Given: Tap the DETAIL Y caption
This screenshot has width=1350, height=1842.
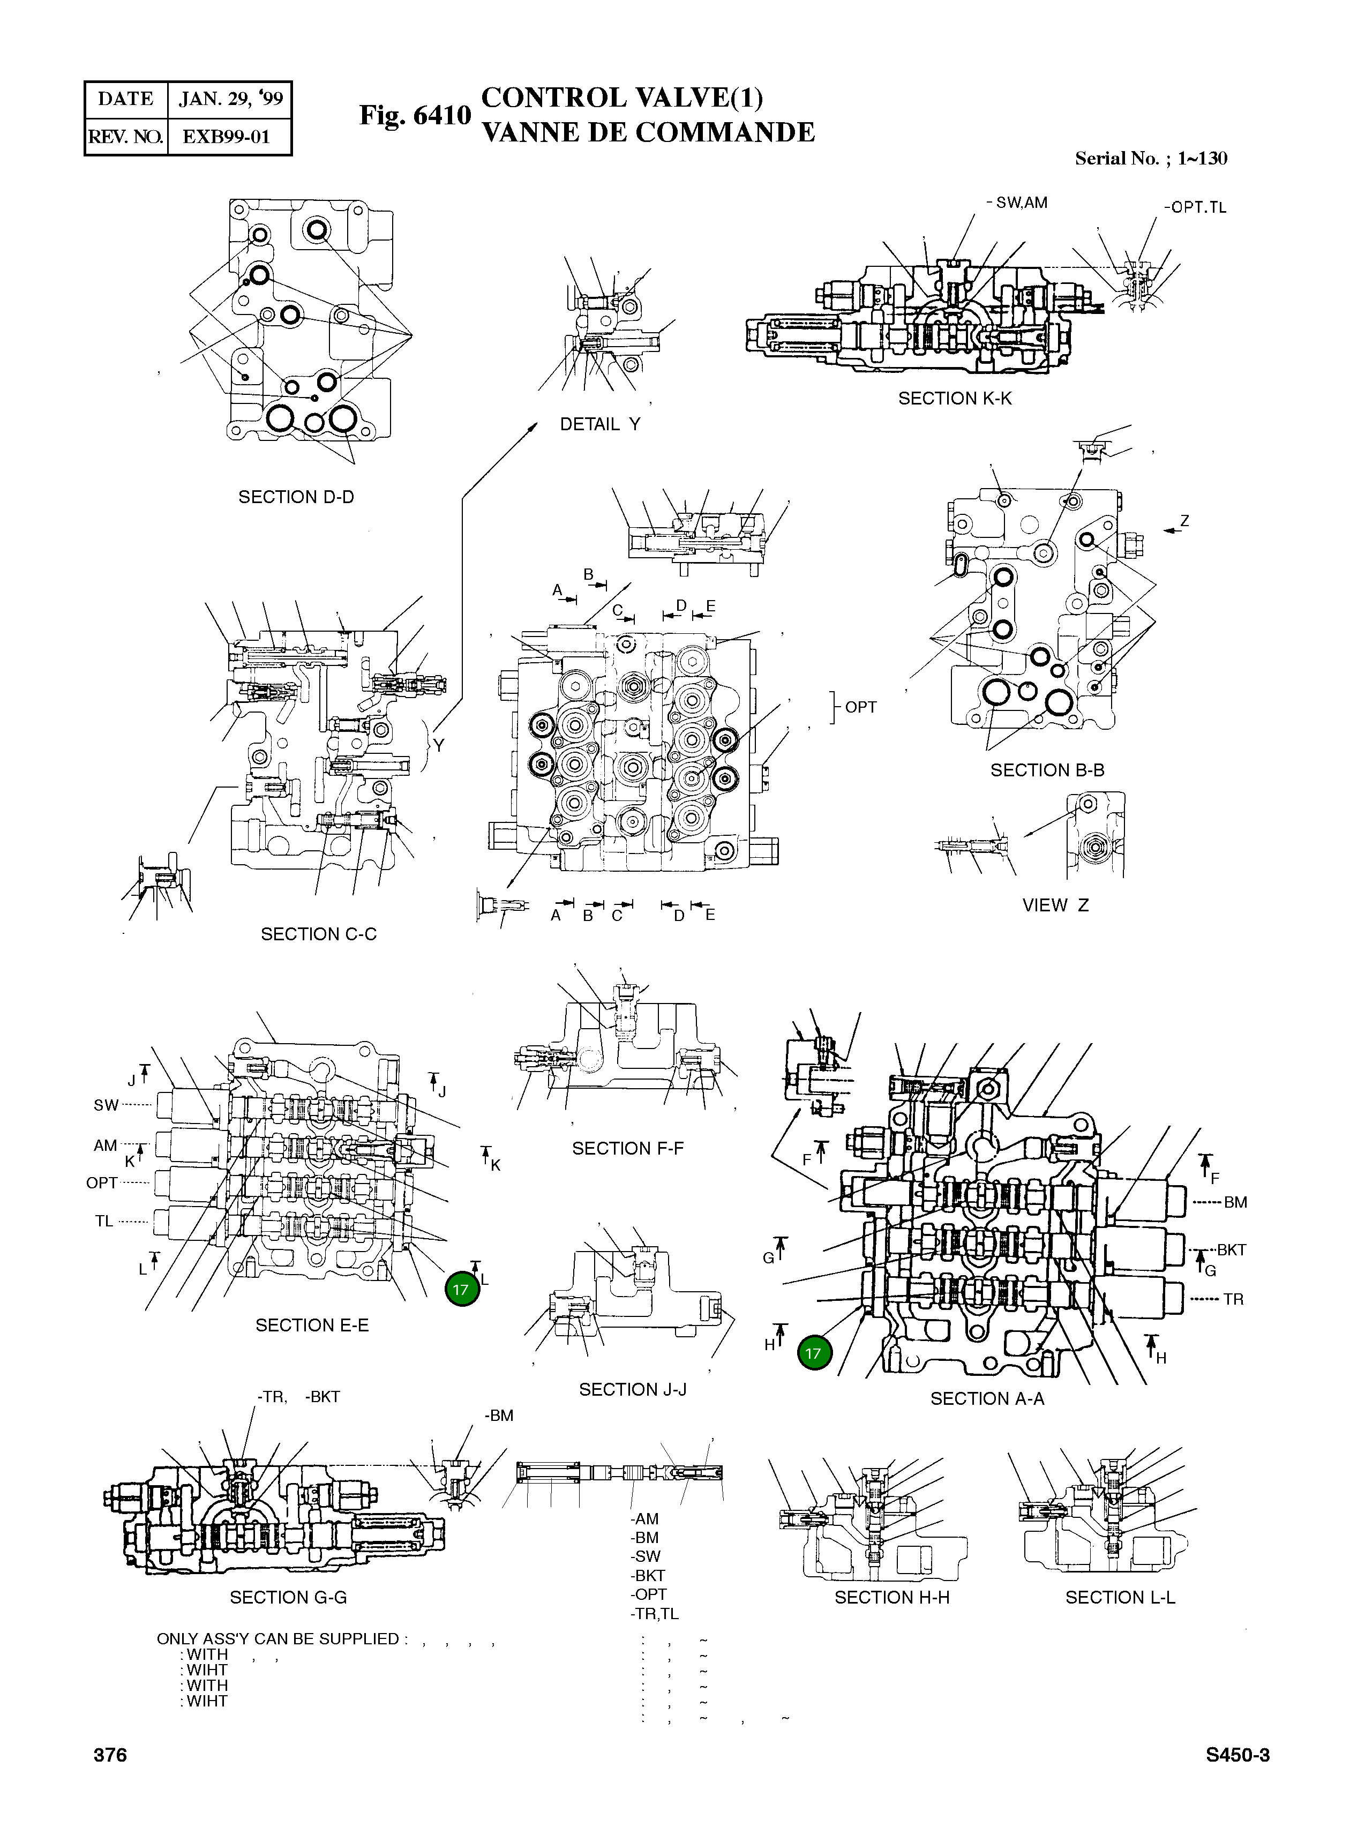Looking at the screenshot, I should point(600,424).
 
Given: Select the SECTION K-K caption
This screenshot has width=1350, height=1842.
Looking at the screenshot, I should point(955,398).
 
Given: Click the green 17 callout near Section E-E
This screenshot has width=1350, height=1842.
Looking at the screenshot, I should point(461,1290).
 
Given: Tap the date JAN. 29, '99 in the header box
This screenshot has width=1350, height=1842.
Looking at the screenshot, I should point(230,99).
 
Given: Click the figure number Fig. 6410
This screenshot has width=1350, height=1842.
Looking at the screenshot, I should point(415,115).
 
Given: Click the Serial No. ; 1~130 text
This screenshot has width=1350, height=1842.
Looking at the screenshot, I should point(1151,159).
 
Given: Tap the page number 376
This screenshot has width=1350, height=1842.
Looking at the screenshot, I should point(110,1755).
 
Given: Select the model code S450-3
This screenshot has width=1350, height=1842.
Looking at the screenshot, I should point(1237,1755).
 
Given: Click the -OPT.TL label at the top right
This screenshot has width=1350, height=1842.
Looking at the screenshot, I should point(1195,207).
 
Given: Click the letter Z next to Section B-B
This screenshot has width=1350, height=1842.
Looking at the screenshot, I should point(1184,521).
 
